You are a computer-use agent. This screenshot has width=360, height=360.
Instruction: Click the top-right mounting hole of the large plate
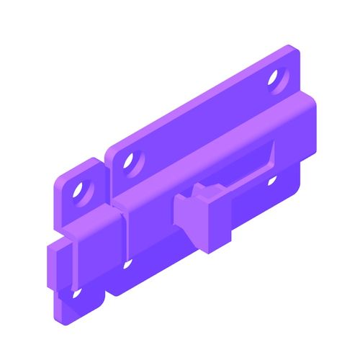[x=275, y=78]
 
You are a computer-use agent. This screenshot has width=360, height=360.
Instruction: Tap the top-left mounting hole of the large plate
[x=130, y=161]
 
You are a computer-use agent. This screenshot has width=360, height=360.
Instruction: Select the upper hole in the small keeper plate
[x=80, y=192]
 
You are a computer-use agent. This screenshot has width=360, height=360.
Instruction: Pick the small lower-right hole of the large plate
[x=272, y=179]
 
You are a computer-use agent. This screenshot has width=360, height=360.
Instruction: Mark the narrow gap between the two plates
[x=107, y=180]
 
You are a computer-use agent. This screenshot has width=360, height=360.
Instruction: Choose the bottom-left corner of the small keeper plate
[x=58, y=314]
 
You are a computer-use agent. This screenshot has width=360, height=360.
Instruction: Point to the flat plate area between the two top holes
[x=202, y=115]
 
